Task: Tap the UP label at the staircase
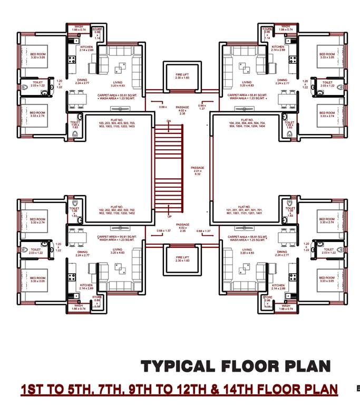point(169,217)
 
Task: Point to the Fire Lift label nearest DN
point(182,76)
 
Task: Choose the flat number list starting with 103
point(116,123)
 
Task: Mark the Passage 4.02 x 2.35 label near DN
point(182,110)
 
